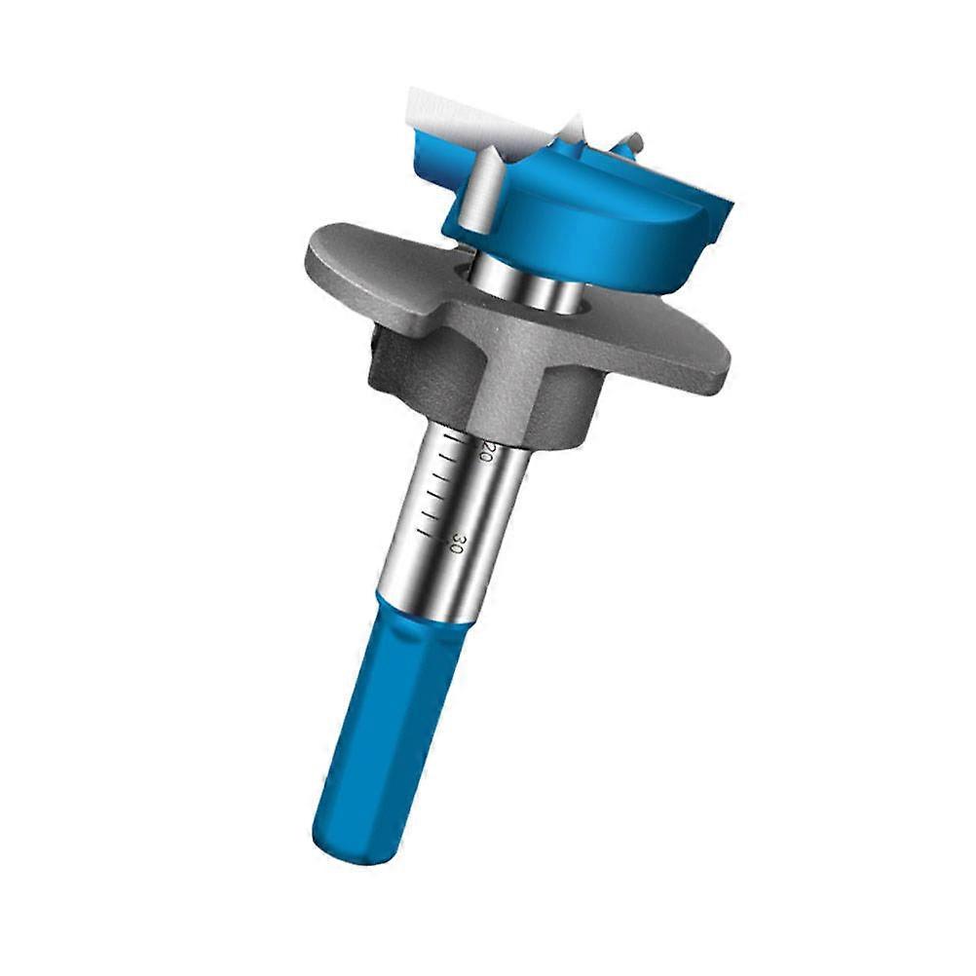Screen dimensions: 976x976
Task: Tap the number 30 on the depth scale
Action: pos(455,544)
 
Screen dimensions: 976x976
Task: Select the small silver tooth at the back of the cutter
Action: pos(631,146)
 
